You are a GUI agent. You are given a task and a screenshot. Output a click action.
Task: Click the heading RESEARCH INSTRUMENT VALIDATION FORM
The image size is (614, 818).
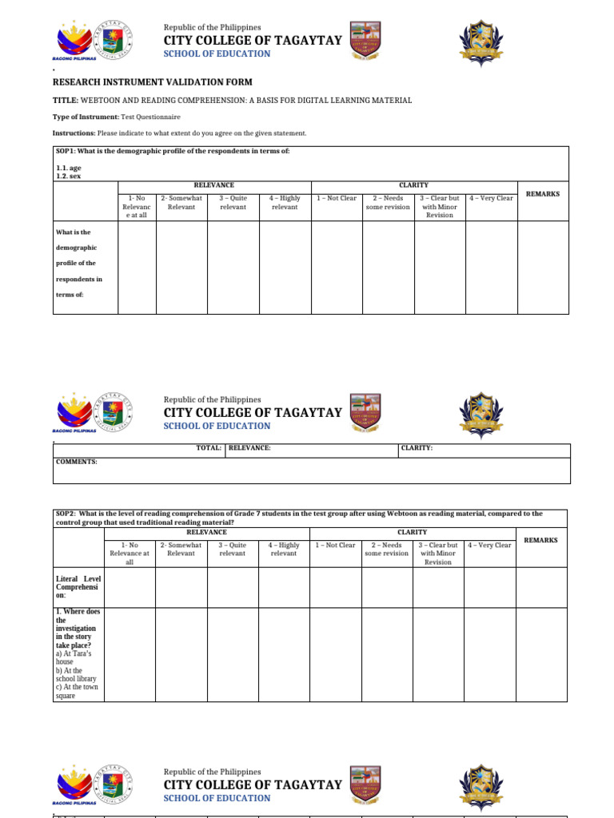[152, 82]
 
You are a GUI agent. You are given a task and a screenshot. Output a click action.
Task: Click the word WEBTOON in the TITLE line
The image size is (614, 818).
[104, 101]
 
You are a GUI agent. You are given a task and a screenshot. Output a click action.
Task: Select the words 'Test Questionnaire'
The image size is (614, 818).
[150, 117]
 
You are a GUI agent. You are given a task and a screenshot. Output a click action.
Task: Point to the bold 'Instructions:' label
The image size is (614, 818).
[74, 133]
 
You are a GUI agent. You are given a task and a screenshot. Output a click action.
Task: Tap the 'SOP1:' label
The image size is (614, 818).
[65, 151]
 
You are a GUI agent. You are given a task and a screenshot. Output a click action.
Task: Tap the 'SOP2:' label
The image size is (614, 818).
[66, 514]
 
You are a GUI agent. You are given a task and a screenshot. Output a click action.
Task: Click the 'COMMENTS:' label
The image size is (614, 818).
[76, 462]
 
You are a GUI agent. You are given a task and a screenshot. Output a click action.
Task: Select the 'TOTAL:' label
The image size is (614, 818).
[209, 448]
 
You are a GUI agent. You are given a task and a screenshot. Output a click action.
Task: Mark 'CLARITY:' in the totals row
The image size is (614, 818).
[417, 448]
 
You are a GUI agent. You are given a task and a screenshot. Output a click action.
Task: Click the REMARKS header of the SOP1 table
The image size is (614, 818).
[543, 194]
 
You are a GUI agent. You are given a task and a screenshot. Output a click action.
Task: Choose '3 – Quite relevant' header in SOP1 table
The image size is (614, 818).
[233, 202]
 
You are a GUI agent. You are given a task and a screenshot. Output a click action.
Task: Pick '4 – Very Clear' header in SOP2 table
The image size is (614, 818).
[491, 545]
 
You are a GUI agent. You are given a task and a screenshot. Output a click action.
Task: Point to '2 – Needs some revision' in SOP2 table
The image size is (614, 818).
[387, 549]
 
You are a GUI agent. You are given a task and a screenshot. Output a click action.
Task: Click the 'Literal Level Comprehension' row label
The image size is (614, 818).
[78, 587]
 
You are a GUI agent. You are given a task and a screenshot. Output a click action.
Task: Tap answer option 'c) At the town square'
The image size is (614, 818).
[75, 692]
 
